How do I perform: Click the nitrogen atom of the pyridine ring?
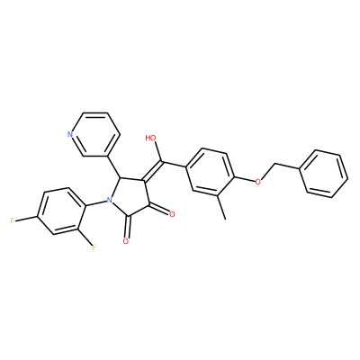70,134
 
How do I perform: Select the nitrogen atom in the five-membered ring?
110,200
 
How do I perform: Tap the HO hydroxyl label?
151,138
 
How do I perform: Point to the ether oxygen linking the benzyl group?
257,182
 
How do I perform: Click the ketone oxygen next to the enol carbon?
172,214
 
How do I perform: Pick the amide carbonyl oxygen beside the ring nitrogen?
126,241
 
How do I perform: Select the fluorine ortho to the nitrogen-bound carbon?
94,247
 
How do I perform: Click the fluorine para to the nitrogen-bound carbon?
12,221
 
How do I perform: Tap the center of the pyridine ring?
94,134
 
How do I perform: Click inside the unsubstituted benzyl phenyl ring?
324,174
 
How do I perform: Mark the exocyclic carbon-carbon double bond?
153,172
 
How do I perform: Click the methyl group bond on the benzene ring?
222,206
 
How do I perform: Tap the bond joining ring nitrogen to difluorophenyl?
96,203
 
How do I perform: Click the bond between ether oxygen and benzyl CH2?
268,172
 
